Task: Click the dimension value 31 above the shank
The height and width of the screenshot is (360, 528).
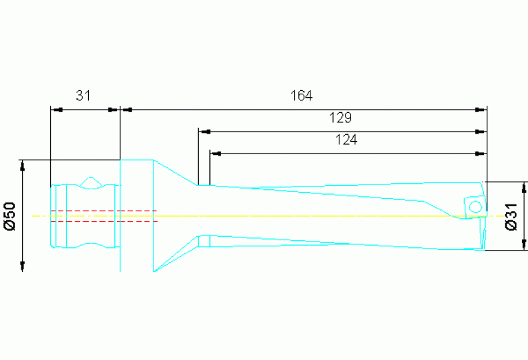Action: tap(83, 96)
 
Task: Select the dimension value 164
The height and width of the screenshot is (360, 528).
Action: tap(301, 96)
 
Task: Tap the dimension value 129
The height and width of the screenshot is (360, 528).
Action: tap(341, 118)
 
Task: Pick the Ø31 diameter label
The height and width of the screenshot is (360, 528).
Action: tap(511, 216)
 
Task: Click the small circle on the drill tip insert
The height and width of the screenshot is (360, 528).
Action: tap(474, 207)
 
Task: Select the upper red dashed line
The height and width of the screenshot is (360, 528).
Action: tap(103, 210)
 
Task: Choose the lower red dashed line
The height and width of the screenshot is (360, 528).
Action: tap(103, 221)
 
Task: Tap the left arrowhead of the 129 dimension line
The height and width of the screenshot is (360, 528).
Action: tap(203, 131)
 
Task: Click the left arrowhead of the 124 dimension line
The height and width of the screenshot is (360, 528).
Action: tap(215, 153)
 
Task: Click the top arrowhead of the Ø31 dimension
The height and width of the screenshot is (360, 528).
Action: tap(524, 187)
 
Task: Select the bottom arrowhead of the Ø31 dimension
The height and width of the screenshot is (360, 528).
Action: tap(524, 246)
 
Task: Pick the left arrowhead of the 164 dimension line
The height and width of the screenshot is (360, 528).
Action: tap(125, 109)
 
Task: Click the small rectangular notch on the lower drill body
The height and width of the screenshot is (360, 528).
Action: tap(204, 241)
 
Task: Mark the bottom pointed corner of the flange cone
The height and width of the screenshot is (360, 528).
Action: tap(154, 271)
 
